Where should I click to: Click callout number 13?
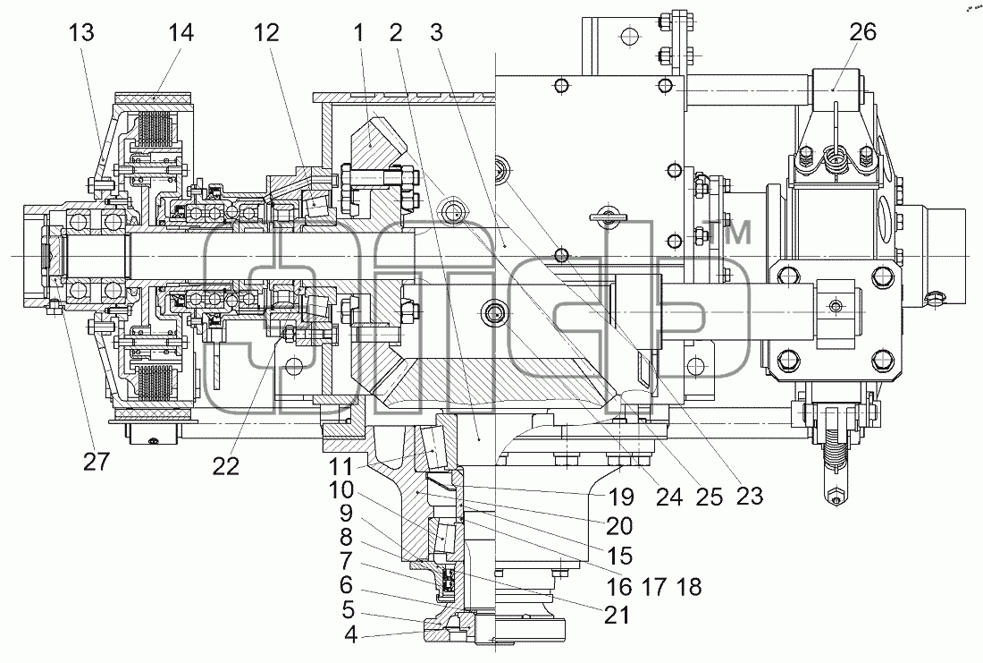[81, 32]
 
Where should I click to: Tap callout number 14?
[181, 32]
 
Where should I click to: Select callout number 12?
[265, 32]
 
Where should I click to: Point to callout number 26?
[862, 31]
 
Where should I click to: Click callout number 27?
[96, 462]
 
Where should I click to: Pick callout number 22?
[226, 466]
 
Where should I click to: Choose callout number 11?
[342, 466]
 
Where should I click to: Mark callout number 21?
[616, 615]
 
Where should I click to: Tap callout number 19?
[621, 497]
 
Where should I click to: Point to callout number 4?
[350, 634]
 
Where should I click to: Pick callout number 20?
[618, 526]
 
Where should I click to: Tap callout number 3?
[437, 32]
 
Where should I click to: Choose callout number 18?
[688, 587]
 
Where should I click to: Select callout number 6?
[347, 586]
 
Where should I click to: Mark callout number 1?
[358, 32]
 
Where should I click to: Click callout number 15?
[618, 556]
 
